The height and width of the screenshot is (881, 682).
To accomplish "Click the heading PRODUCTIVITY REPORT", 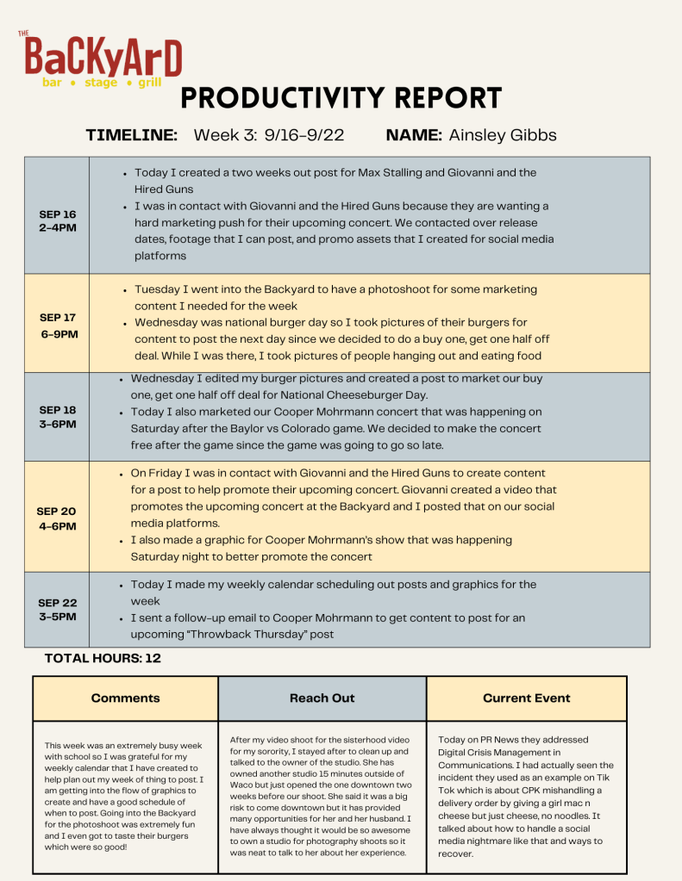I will (x=341, y=98).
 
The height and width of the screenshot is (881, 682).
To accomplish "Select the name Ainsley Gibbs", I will (x=503, y=135).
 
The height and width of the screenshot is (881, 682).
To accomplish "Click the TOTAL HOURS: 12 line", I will (x=103, y=658).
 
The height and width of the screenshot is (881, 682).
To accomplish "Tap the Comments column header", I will (x=125, y=698).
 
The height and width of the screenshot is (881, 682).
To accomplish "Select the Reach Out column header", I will (x=322, y=698).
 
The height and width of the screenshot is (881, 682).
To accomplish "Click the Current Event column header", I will (x=526, y=698).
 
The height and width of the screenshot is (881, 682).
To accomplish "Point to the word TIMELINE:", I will (x=132, y=135).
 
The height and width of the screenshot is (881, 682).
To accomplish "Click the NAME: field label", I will (x=414, y=135).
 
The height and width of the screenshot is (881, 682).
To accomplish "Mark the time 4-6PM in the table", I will (x=57, y=526).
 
